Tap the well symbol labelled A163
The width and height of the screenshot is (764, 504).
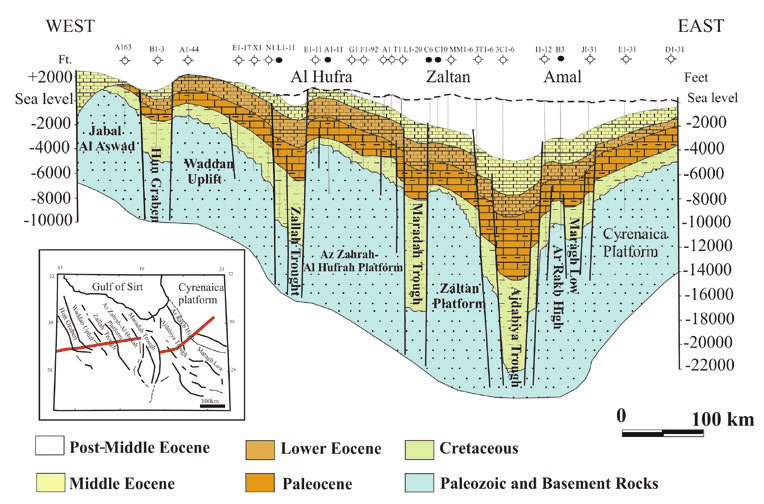(x=123, y=62)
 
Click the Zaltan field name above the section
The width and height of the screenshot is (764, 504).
(x=449, y=77)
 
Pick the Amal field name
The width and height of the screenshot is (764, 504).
(x=565, y=77)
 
